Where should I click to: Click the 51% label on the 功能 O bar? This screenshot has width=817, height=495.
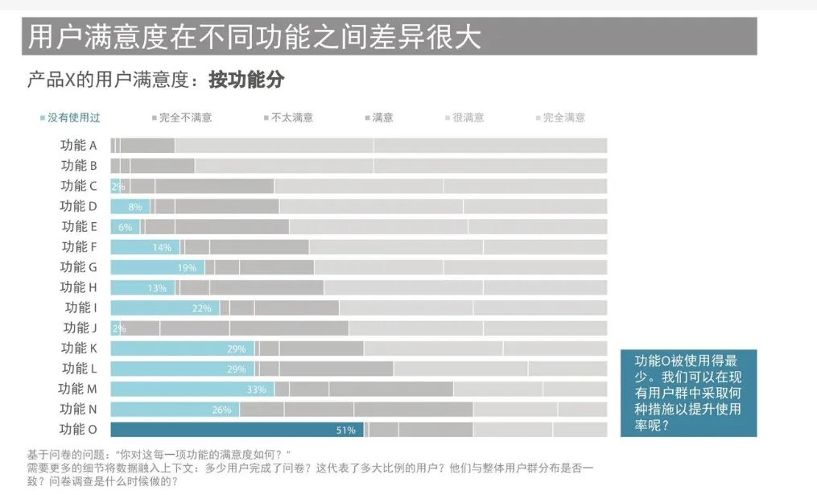345,430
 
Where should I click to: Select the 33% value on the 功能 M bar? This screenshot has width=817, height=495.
256,390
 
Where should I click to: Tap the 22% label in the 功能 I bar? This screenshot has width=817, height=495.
201,308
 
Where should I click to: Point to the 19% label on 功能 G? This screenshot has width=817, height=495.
187,268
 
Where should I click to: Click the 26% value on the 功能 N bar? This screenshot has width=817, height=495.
221,410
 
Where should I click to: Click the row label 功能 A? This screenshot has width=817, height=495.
79,146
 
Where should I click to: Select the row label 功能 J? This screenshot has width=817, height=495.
80,328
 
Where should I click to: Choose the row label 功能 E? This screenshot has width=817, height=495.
79,227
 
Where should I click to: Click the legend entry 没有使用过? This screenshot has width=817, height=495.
73,118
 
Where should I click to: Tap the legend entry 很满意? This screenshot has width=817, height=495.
468,118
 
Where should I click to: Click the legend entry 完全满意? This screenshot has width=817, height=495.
563,118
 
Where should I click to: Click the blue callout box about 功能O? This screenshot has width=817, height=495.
688,393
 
